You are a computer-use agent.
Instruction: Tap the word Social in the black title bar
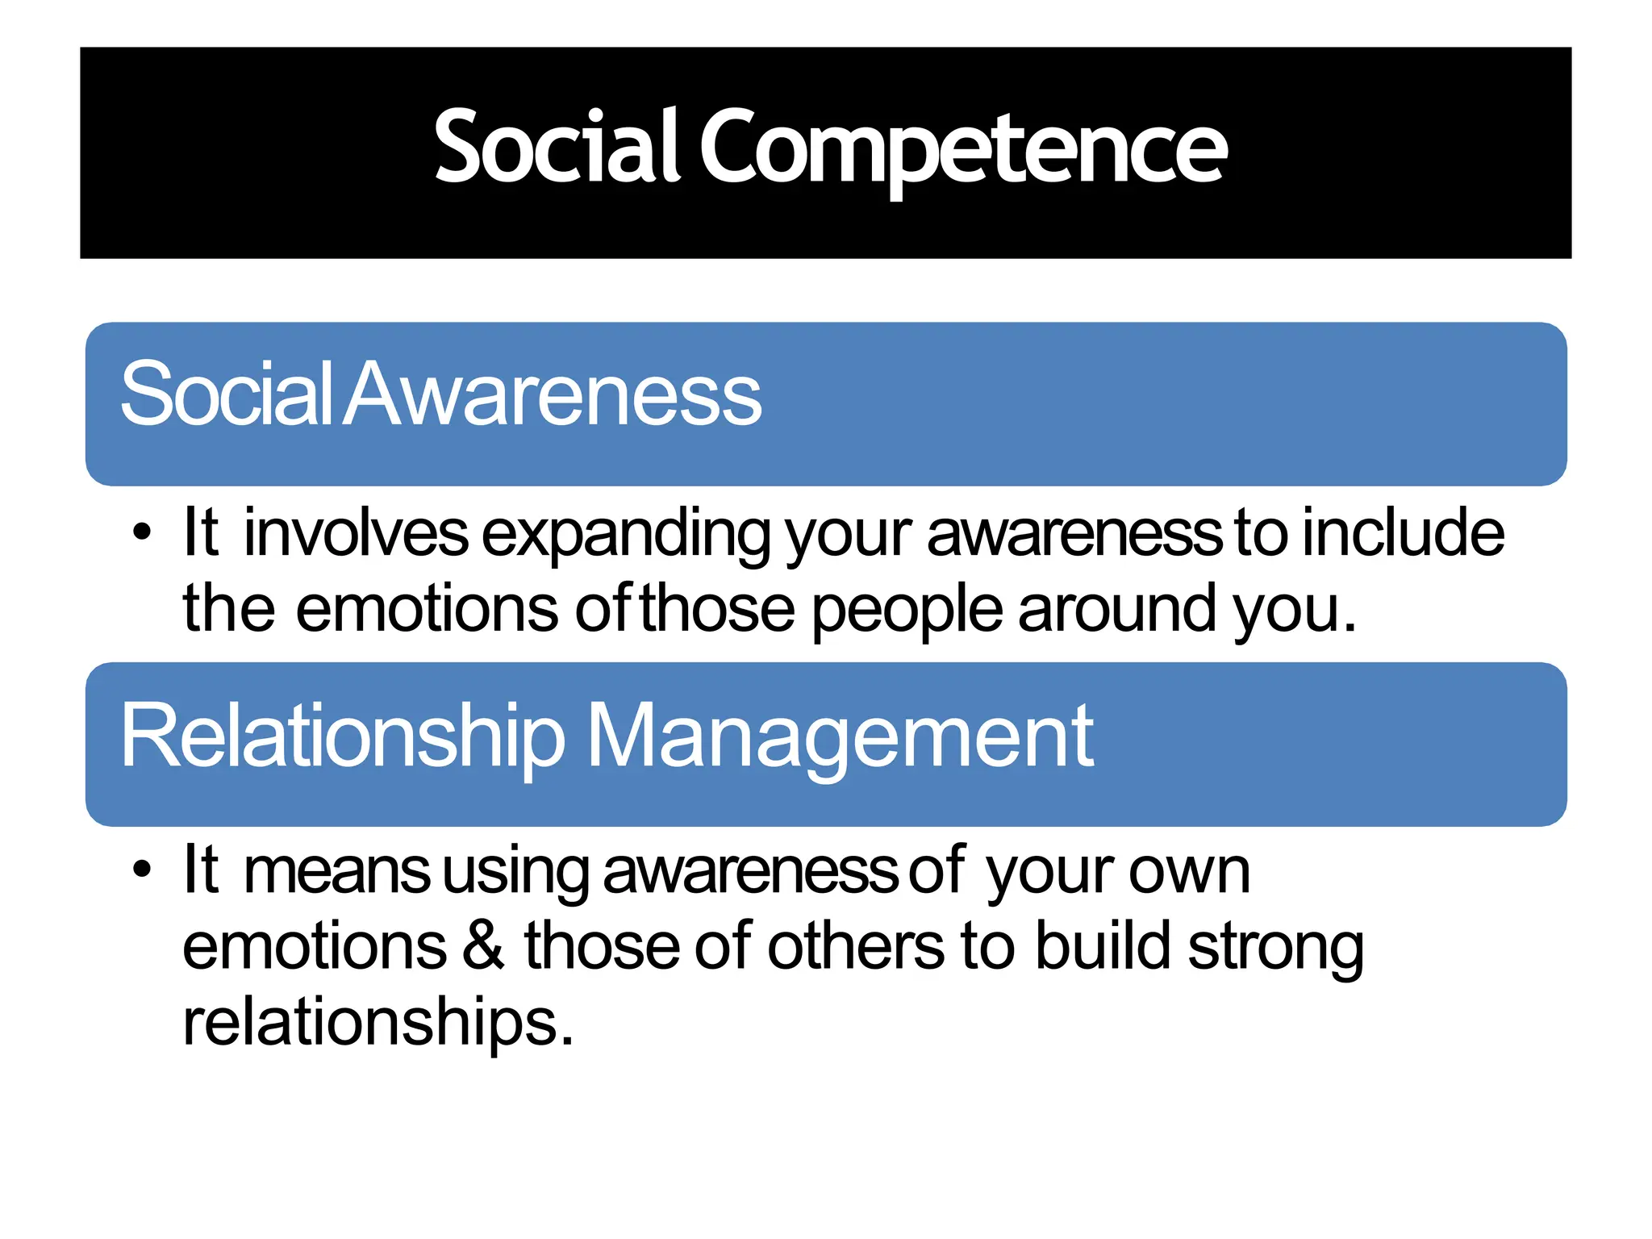557,147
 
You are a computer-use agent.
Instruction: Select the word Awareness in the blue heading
553,395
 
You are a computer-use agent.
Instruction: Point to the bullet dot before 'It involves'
142,533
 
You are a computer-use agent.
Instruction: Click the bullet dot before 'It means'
142,870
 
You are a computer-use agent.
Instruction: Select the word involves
356,533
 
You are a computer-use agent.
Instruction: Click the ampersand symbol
484,945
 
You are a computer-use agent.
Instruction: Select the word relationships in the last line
378,1023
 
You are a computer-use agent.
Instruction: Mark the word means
337,872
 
